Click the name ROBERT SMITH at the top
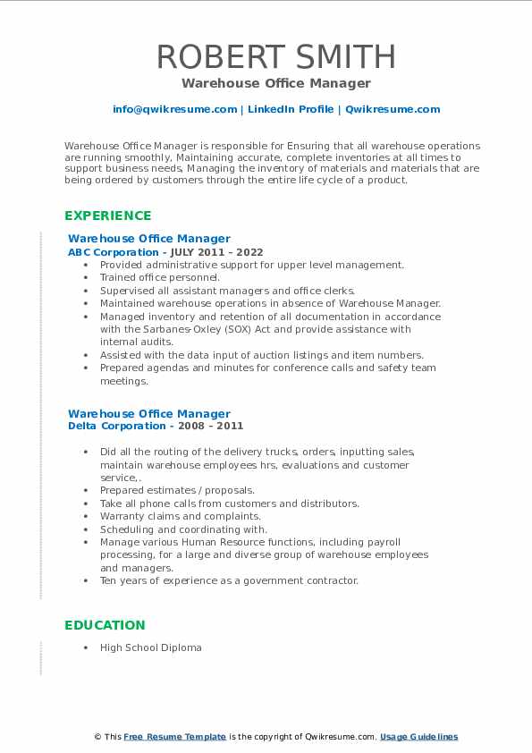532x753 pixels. pos(276,56)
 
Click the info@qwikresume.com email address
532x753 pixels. pos(174,109)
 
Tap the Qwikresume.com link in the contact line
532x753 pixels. pos(393,109)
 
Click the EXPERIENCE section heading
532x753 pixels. pos(108,216)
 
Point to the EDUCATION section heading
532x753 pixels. pos(105,625)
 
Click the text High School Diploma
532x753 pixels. pos(150,647)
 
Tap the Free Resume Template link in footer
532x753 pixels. pos(174,737)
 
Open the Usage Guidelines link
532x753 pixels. pos(418,737)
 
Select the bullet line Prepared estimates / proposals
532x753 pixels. pos(177,490)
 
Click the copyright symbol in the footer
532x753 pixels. pos(97,737)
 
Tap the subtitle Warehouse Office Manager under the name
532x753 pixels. pos(275,83)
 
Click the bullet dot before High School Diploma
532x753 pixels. pos(85,647)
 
